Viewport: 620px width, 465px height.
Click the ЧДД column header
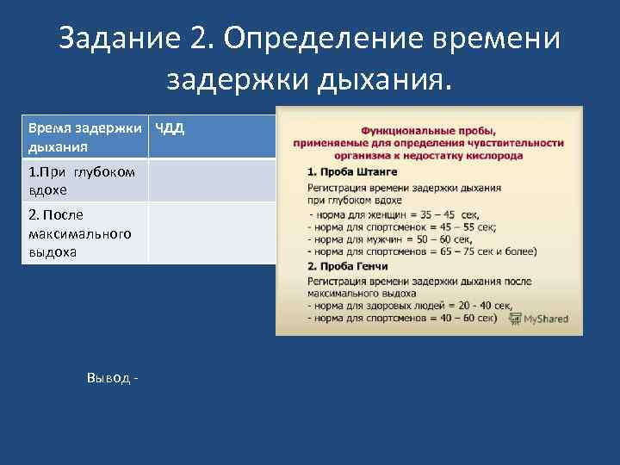[170, 129]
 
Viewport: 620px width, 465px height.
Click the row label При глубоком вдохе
[81, 179]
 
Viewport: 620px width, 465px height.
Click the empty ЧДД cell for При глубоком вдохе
[212, 180]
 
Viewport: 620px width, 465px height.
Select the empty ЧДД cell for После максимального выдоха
[212, 232]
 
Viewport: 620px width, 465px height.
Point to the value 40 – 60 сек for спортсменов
[465, 318]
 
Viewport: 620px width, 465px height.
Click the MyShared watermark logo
[539, 319]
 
